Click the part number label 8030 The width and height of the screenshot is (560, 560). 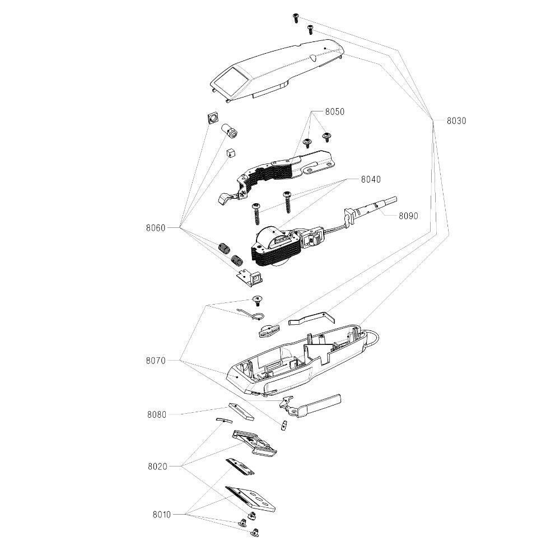click(456, 120)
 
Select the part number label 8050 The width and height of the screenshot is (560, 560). click(334, 112)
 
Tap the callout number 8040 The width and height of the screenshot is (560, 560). click(370, 180)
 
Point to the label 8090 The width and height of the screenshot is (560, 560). click(408, 215)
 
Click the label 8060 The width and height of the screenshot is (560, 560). click(156, 228)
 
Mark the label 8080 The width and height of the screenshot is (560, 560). click(157, 415)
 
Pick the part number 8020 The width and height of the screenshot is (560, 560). click(157, 466)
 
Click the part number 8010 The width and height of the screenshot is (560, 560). click(162, 514)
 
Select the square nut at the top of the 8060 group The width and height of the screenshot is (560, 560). click(212, 119)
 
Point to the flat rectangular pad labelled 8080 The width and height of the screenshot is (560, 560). click(241, 411)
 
